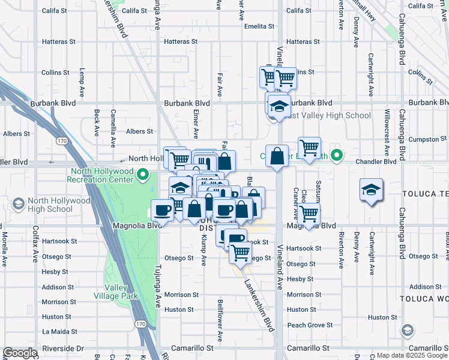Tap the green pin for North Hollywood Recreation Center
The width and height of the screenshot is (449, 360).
coord(143,175)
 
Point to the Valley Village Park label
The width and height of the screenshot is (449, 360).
coord(116,291)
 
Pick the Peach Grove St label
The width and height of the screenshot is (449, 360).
coord(310,325)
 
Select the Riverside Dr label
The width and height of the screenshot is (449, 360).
coord(62,348)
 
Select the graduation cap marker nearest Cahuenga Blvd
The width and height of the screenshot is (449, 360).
coord(371,190)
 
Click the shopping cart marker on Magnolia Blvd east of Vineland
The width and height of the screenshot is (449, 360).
coord(309,213)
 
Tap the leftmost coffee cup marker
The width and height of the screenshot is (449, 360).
coord(162,209)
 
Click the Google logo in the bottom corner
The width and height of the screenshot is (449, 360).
coord(20,353)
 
